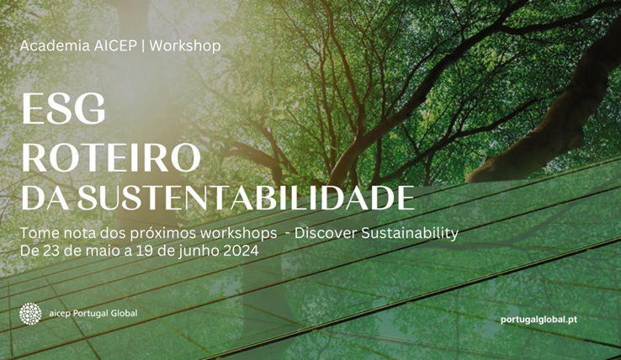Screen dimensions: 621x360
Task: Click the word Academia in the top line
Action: (55, 46)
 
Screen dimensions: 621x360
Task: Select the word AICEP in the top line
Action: (115, 46)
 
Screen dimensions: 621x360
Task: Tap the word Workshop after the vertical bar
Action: (185, 46)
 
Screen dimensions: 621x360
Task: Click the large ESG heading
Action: (63, 109)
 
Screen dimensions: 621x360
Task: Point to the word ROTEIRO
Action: (111, 158)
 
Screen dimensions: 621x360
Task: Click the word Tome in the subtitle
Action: (34, 233)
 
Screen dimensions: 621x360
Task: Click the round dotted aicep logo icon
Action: (30, 314)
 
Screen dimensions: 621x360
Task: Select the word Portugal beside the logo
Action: (91, 313)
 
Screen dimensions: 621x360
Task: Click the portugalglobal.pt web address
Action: (539, 320)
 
